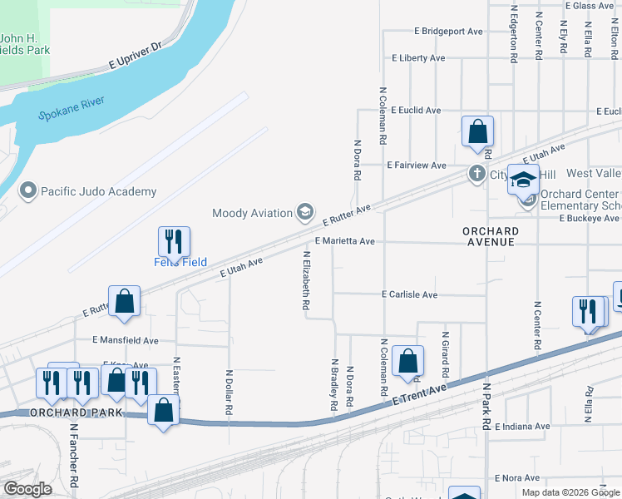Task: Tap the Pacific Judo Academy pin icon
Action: pyautogui.click(x=29, y=191)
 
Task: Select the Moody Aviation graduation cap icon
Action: pyautogui.click(x=305, y=213)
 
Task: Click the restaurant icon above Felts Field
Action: pyautogui.click(x=175, y=241)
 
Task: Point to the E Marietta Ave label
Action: pyautogui.click(x=344, y=241)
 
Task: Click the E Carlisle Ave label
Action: pyautogui.click(x=409, y=294)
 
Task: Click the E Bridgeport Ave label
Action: pyautogui.click(x=449, y=32)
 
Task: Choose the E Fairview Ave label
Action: pyautogui.click(x=417, y=165)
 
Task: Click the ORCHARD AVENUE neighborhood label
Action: pyautogui.click(x=492, y=236)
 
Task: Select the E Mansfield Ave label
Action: pyautogui.click(x=126, y=340)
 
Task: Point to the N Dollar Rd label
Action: pyautogui.click(x=229, y=393)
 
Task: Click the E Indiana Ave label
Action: pyautogui.click(x=522, y=427)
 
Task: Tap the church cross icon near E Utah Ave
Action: pyautogui.click(x=476, y=174)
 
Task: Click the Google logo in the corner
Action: pyautogui.click(x=27, y=489)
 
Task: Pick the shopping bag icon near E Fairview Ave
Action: pyautogui.click(x=477, y=131)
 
